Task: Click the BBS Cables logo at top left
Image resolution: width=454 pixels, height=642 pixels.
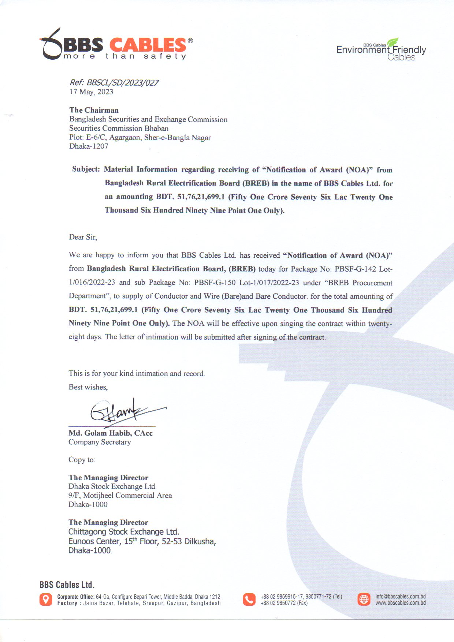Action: tap(116, 45)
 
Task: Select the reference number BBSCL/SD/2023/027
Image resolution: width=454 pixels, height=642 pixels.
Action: tap(122, 83)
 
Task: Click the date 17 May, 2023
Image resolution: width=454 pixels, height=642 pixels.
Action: tap(91, 92)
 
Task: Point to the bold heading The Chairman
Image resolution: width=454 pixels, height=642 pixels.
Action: tap(94, 110)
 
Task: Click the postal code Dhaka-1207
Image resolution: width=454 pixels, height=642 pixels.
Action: tap(89, 146)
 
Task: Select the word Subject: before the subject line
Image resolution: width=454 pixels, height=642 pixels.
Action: tap(86, 169)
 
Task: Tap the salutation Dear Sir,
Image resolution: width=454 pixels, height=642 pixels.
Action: tap(83, 237)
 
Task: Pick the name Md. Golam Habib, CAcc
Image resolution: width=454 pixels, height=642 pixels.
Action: tap(110, 433)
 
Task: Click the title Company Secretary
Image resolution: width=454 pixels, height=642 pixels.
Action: tap(100, 442)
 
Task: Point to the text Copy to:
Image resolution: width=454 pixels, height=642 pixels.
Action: tap(82, 460)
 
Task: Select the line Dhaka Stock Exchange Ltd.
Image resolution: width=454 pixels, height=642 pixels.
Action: tap(112, 486)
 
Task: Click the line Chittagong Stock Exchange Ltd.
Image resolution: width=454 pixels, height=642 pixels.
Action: tap(123, 532)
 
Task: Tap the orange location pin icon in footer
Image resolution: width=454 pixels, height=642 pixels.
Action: tap(46, 600)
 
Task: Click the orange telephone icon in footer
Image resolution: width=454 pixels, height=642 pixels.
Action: tap(249, 600)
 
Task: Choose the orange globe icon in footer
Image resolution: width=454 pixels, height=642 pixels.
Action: tap(364, 600)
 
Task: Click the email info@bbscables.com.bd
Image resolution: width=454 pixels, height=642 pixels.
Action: tap(400, 597)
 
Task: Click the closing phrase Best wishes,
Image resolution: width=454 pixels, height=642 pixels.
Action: tap(88, 387)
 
